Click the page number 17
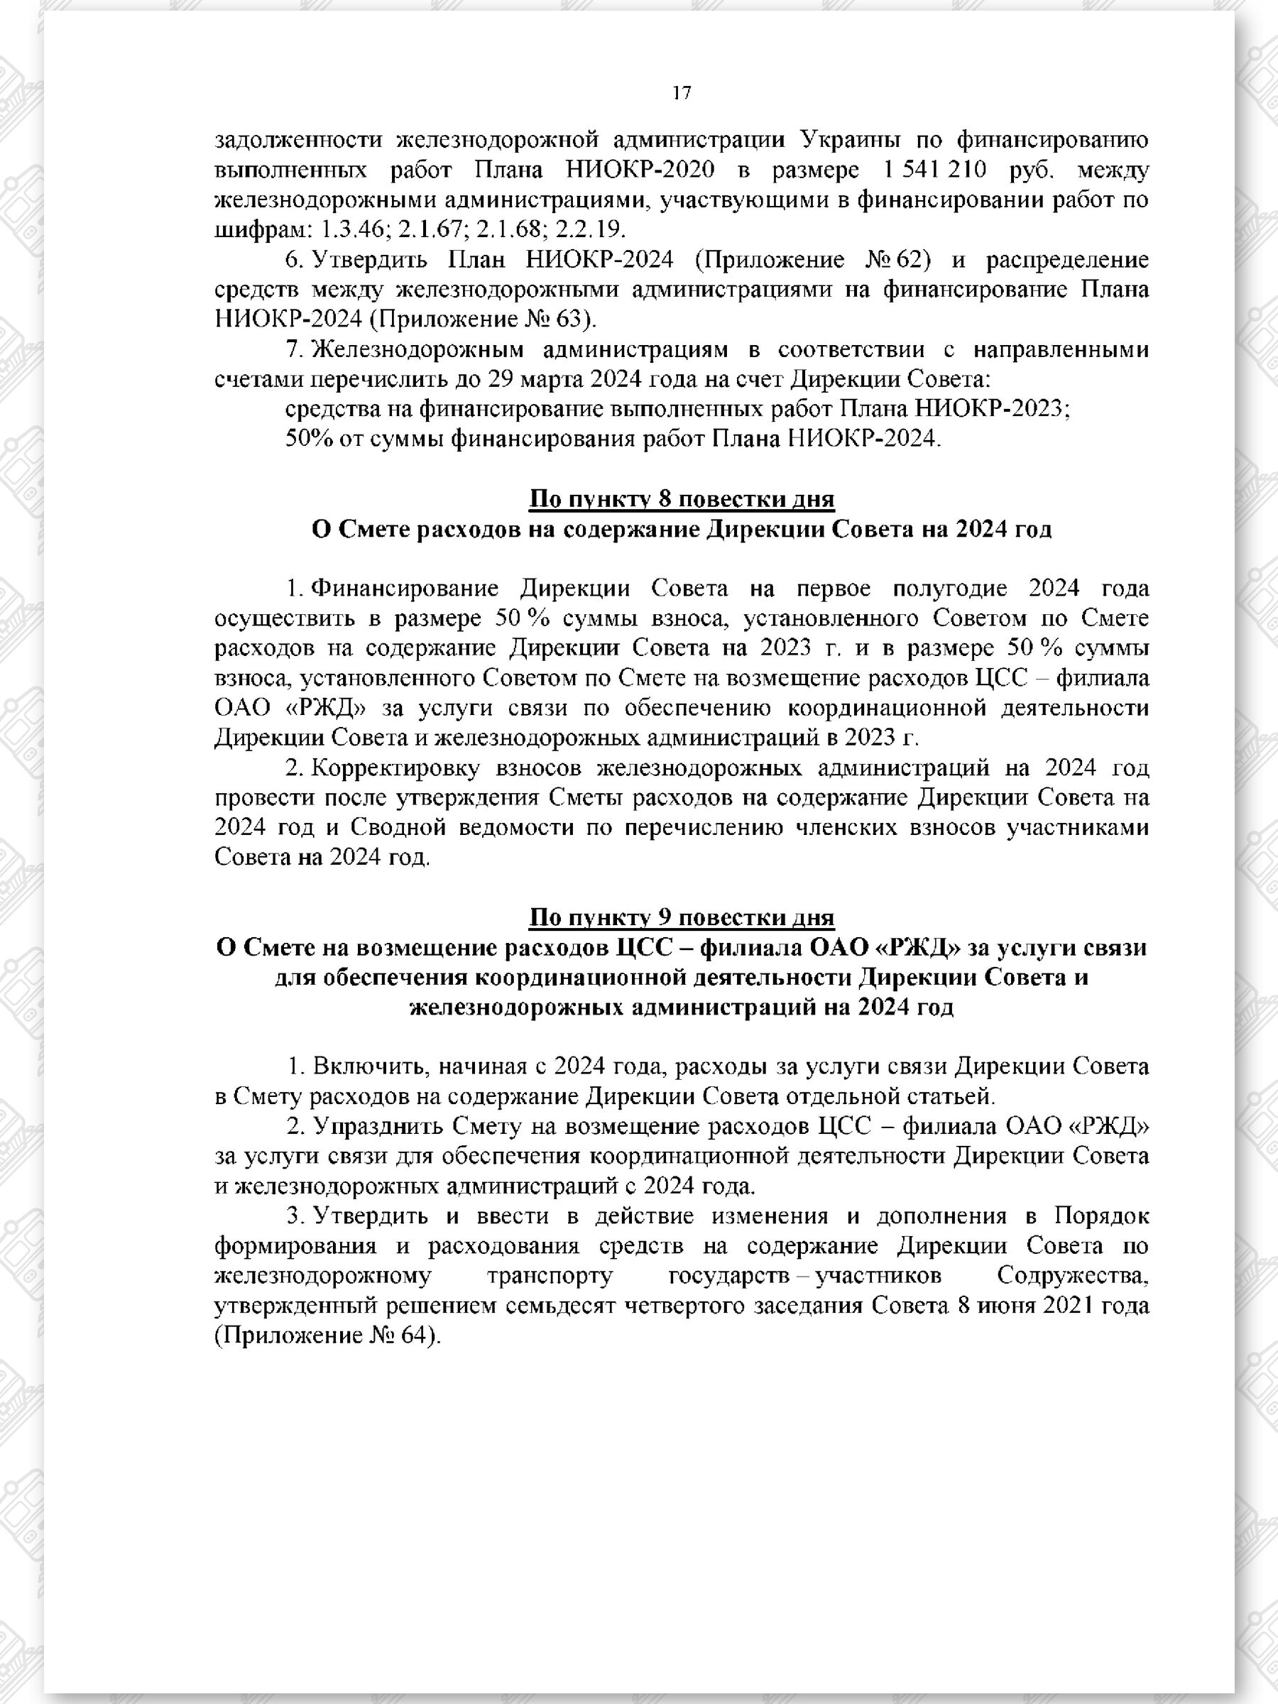(x=682, y=93)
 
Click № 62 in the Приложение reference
(x=894, y=260)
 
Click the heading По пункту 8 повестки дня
(x=682, y=499)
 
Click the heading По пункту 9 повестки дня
(x=682, y=917)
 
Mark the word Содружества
(x=1072, y=1276)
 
